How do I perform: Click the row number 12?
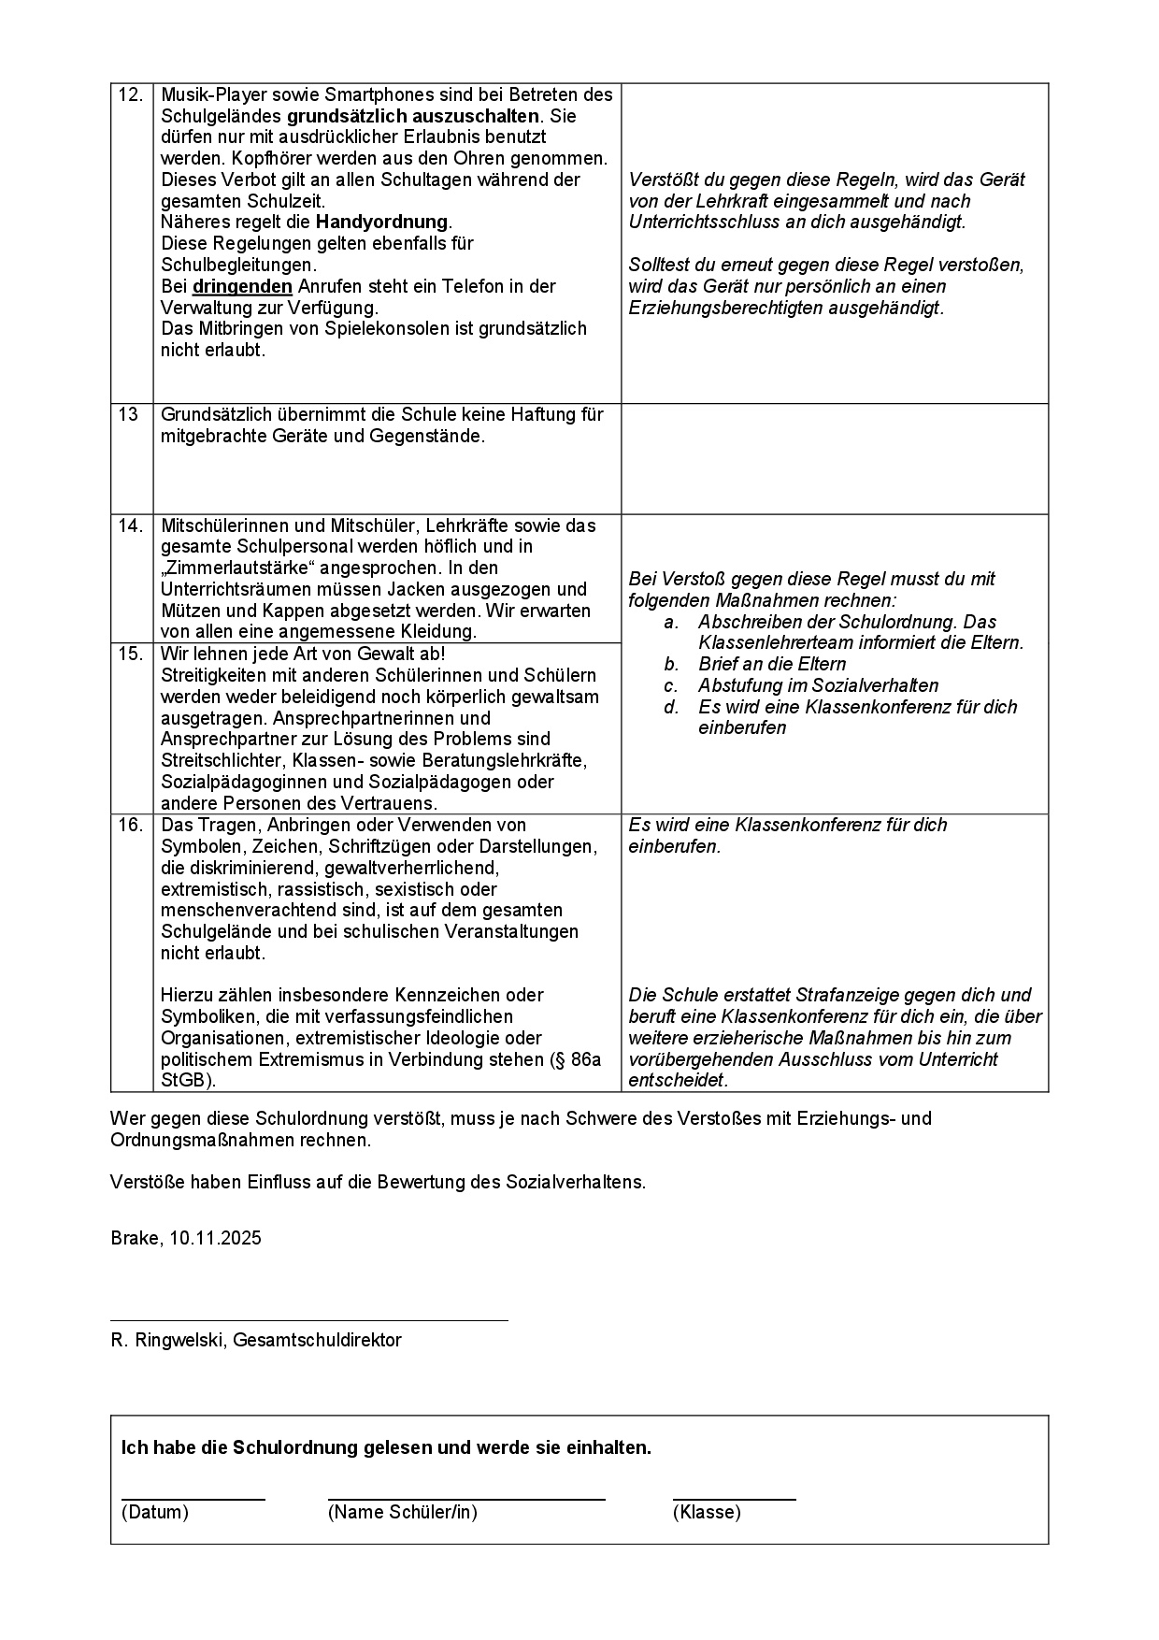[x=130, y=94]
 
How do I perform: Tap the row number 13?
[x=128, y=414]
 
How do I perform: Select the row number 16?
[x=130, y=825]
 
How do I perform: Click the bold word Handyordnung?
[x=382, y=223]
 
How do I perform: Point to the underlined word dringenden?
[x=242, y=286]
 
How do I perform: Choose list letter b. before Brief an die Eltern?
[x=671, y=665]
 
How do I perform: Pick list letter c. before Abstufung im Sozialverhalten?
[x=671, y=686]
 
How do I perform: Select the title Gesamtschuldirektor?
[x=317, y=1341]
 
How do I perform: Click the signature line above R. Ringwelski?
[x=308, y=1320]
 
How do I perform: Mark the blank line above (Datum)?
[x=193, y=1500]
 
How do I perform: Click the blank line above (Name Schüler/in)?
[x=466, y=1500]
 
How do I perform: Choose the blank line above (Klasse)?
[x=734, y=1500]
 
